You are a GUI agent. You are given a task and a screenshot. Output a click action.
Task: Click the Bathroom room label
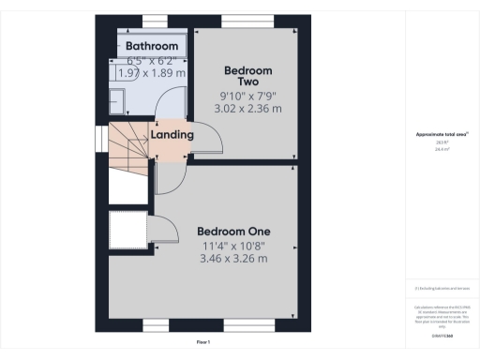(x=152, y=46)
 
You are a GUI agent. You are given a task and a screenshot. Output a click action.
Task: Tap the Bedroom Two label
(x=247, y=75)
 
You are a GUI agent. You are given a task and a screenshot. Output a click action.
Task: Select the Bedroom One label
(x=233, y=232)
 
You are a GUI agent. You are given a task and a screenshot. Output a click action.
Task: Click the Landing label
(x=172, y=135)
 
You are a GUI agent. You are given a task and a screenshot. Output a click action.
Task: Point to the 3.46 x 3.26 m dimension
(x=233, y=259)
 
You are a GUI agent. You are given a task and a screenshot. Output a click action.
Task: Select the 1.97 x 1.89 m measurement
(x=152, y=72)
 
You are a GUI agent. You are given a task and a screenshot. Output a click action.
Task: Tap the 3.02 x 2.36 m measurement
(x=247, y=108)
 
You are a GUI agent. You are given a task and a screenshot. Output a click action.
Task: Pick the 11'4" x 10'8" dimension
(x=233, y=246)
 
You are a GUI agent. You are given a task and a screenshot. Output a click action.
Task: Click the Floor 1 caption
(x=202, y=343)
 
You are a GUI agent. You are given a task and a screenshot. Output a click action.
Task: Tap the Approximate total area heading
(x=442, y=135)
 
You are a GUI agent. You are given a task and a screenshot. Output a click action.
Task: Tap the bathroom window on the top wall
(x=156, y=21)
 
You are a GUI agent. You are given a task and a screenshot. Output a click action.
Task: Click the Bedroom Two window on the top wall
(x=247, y=21)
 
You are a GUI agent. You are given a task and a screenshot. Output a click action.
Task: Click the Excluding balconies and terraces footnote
(x=442, y=288)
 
